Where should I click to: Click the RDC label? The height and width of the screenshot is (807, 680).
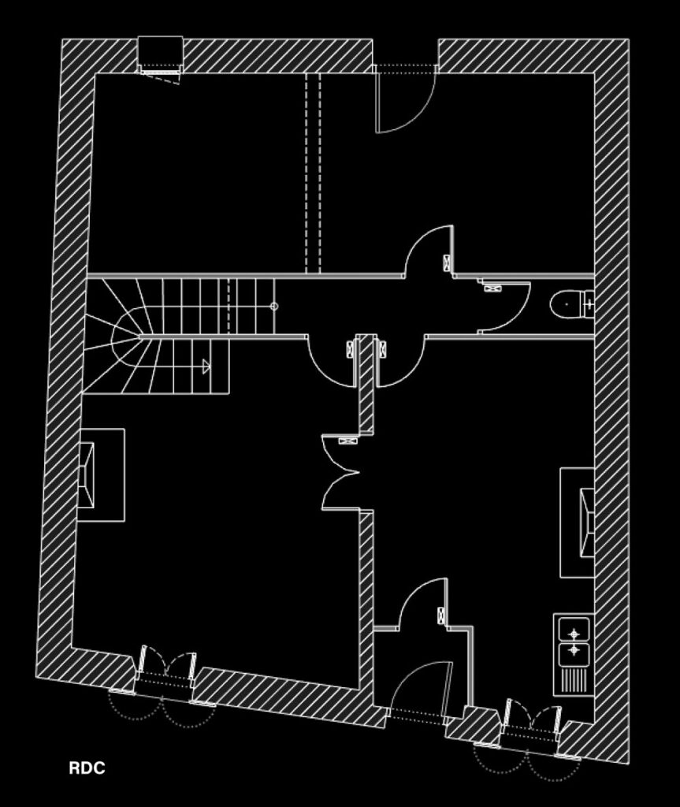tap(87, 768)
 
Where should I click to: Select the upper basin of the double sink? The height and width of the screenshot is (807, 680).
tap(574, 629)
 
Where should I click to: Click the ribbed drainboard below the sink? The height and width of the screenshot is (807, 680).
tap(574, 680)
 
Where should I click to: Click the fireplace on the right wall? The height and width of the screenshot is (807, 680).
tap(578, 523)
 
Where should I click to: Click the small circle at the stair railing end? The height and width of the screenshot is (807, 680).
tap(274, 307)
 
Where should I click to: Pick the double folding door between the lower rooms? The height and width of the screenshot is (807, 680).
tap(340, 473)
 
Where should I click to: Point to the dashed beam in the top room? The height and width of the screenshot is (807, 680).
tap(313, 173)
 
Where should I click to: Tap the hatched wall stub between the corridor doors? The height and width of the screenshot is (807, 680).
tap(366, 384)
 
